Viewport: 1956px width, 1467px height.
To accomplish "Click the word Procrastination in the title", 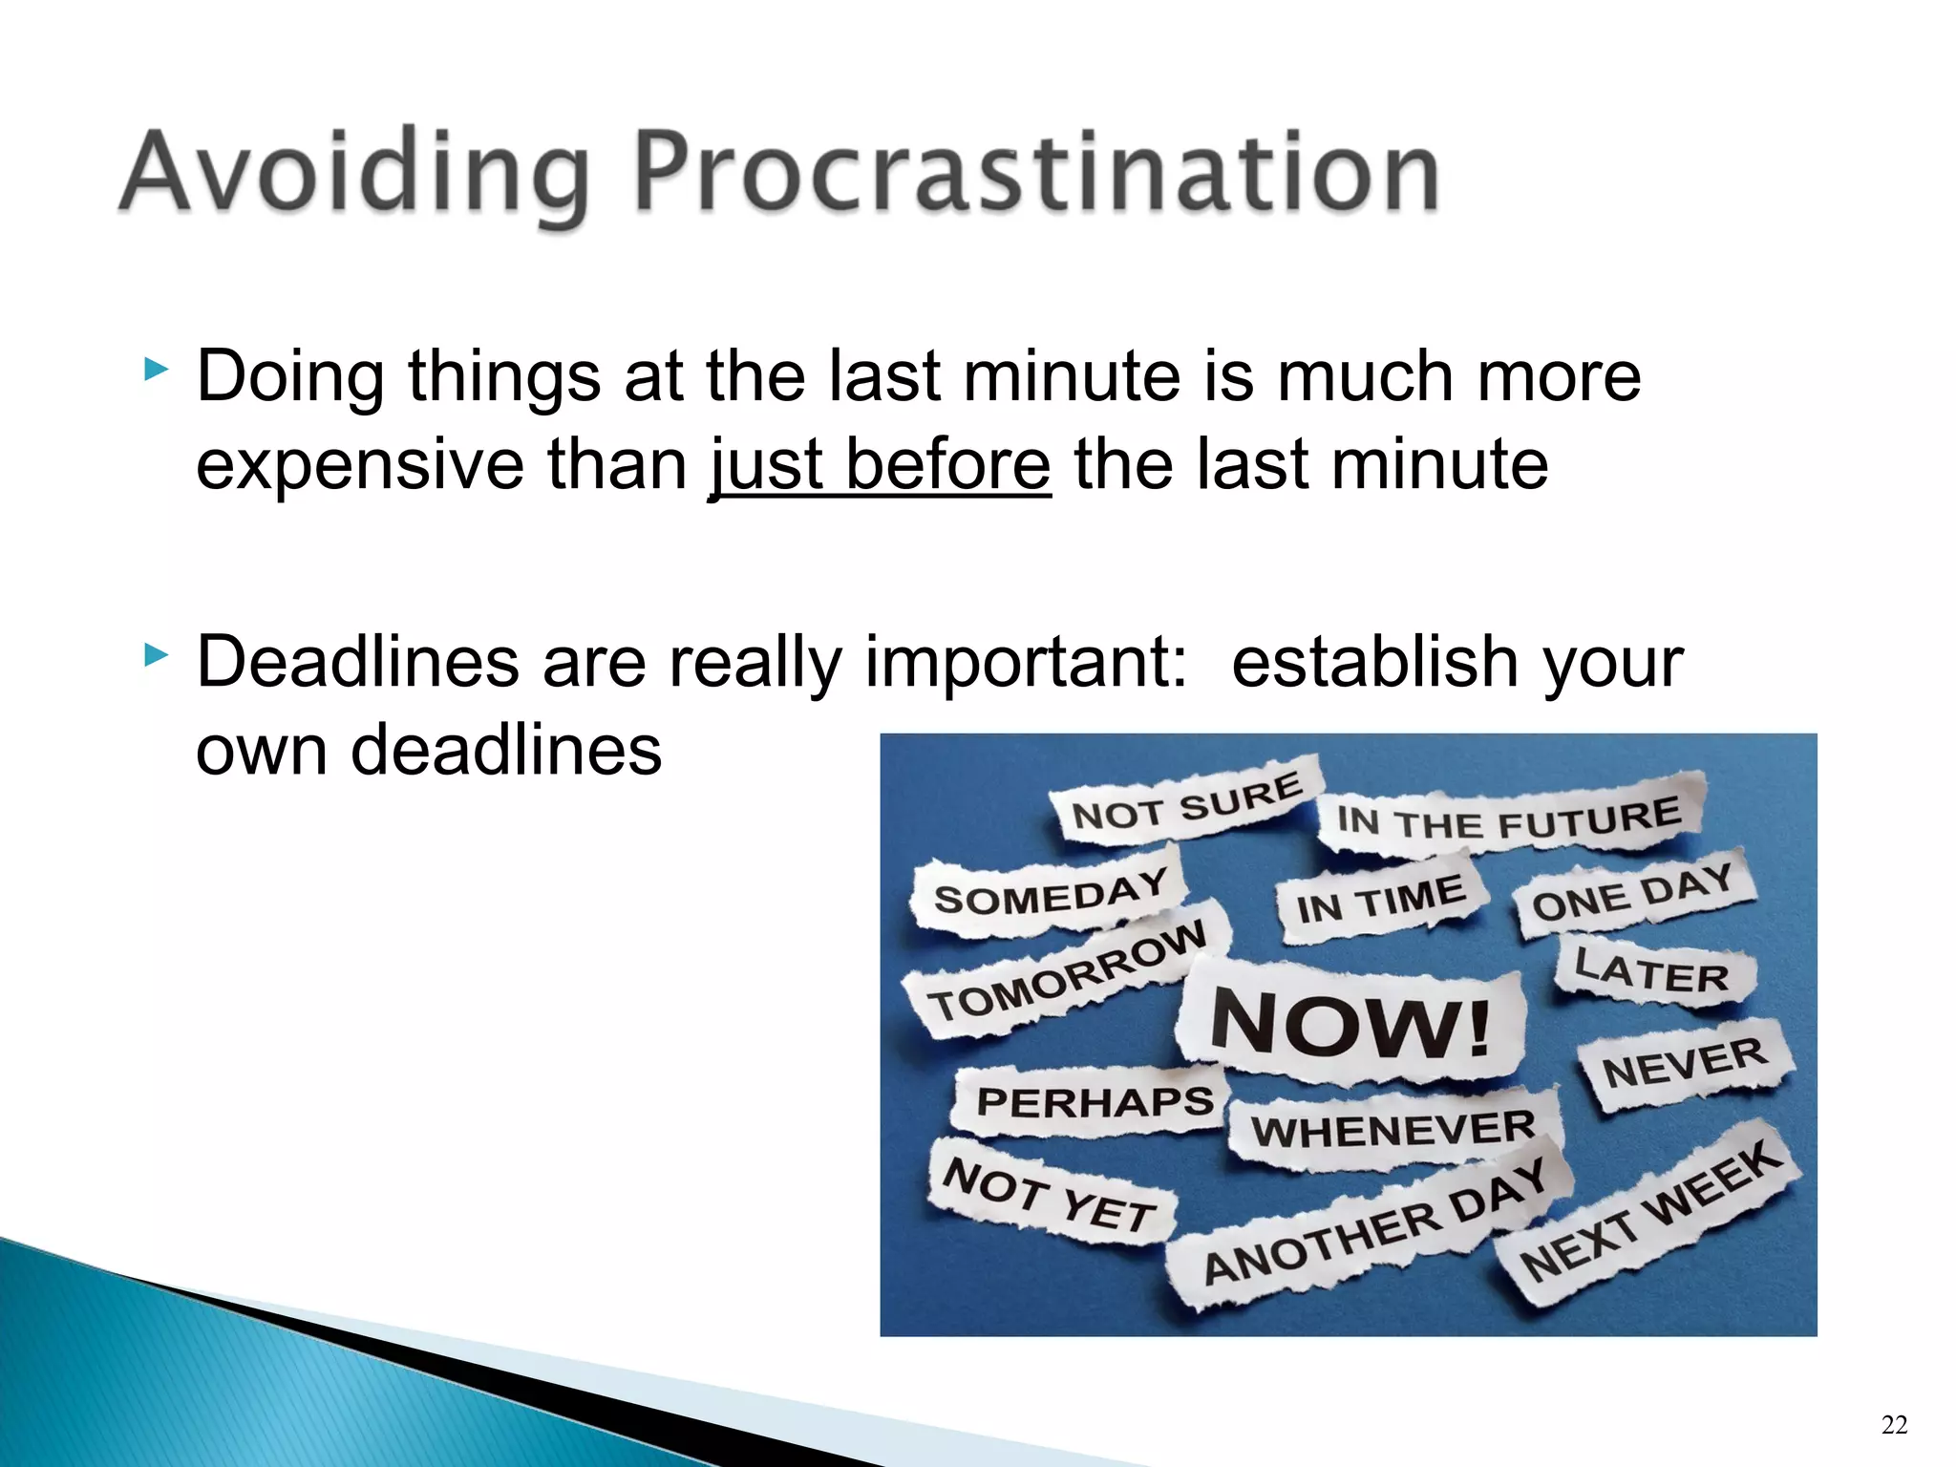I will (1036, 172).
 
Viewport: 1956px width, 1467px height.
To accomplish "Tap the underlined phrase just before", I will (880, 464).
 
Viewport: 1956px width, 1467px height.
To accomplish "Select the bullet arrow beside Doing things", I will (156, 370).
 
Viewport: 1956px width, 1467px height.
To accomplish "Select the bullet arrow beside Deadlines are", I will (156, 655).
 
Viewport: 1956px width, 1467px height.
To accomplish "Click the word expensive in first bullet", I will (360, 466).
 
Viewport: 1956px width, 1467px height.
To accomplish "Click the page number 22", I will (1894, 1425).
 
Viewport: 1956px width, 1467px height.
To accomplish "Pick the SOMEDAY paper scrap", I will (1050, 894).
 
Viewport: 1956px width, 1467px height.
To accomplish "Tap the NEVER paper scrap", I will (1684, 1065).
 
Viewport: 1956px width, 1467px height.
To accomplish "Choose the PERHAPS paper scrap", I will (1094, 1102).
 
